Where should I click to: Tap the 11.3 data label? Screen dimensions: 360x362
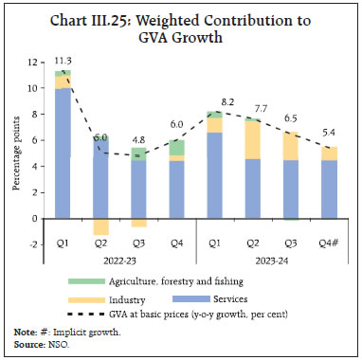(64, 59)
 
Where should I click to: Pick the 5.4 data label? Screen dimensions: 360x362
(327, 134)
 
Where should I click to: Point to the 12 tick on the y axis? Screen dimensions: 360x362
(34, 63)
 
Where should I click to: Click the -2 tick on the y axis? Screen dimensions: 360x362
(34, 244)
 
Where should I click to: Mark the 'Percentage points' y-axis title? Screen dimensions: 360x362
(16, 153)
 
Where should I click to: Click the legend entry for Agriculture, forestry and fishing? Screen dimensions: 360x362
(152, 280)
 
